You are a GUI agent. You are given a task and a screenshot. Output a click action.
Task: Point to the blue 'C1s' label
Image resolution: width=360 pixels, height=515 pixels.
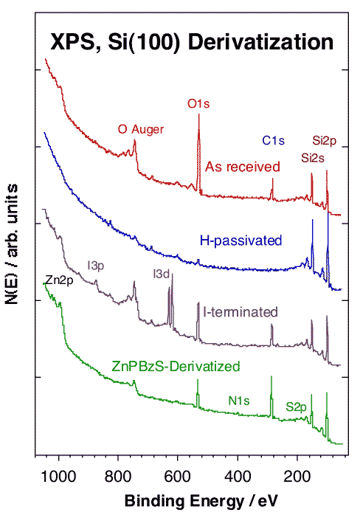[x=273, y=139]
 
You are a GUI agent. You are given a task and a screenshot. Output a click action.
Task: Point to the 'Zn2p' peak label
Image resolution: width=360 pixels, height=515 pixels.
[x=58, y=280]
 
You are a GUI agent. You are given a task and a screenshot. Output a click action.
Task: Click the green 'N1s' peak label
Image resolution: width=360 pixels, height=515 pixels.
[x=238, y=401]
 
